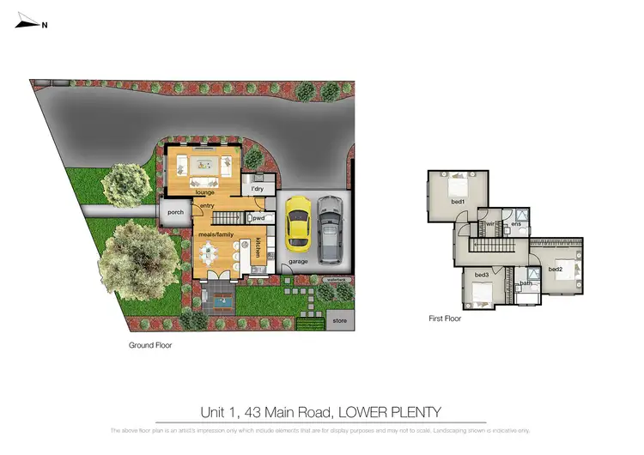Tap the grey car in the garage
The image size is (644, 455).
330,230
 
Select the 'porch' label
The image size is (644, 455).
175,212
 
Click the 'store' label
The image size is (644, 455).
338,321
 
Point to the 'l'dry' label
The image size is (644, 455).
257,189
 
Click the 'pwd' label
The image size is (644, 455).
258,219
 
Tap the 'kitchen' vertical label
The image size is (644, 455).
258,247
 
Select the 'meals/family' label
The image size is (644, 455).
216,233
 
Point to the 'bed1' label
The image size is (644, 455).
459,202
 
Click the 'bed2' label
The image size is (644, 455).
555,269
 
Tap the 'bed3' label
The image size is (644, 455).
482,275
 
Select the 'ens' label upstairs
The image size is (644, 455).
516,225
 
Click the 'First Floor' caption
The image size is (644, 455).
445,318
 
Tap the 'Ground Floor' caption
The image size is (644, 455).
150,345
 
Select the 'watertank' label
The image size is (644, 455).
334,280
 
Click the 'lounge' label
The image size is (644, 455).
204,192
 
